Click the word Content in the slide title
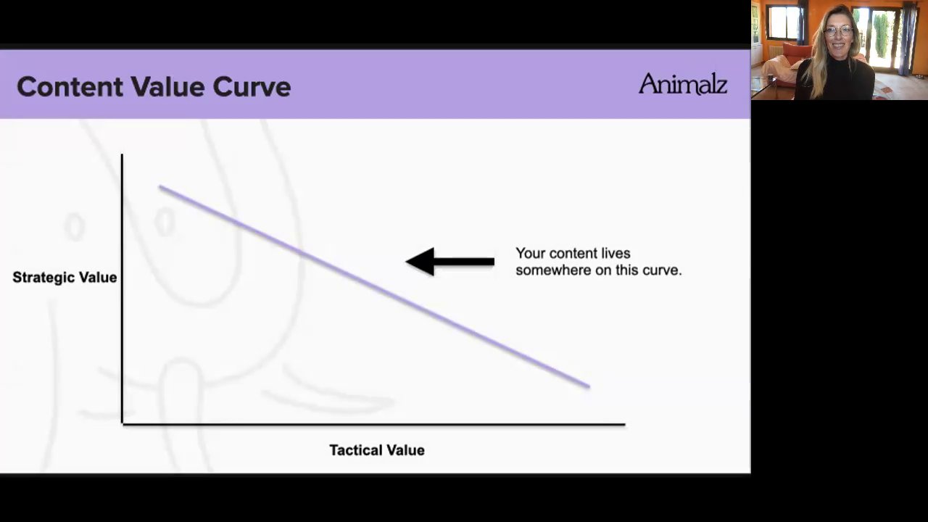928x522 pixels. pyautogui.click(x=70, y=86)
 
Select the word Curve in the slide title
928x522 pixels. pyautogui.click(x=252, y=86)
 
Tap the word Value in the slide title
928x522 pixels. pyautogui.click(x=167, y=86)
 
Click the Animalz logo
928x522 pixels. pyautogui.click(x=683, y=84)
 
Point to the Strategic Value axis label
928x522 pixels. pyautogui.click(x=65, y=278)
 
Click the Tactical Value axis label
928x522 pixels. pyautogui.click(x=377, y=450)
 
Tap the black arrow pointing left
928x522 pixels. pyautogui.click(x=450, y=262)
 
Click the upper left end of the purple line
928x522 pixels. pyautogui.click(x=160, y=187)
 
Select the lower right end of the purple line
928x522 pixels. pyautogui.click(x=589, y=386)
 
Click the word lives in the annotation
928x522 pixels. pyautogui.click(x=616, y=253)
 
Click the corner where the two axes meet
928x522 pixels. pyautogui.click(x=123, y=424)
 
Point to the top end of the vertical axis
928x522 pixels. pyautogui.click(x=122, y=154)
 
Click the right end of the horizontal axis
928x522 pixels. pyautogui.click(x=625, y=424)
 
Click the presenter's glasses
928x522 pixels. pyautogui.click(x=839, y=31)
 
